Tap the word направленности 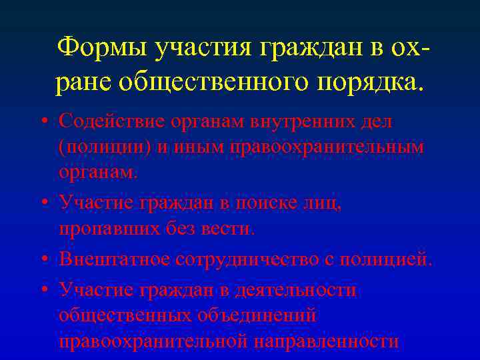pos(327,341)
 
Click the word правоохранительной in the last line pos(153,341)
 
